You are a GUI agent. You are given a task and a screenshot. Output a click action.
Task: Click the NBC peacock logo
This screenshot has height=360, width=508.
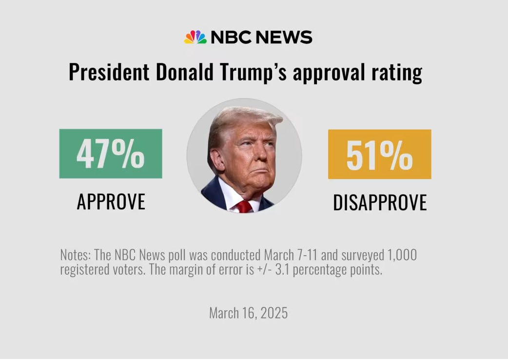pyautogui.click(x=195, y=37)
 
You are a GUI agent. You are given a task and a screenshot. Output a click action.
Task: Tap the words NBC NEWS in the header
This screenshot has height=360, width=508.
pyautogui.click(x=261, y=37)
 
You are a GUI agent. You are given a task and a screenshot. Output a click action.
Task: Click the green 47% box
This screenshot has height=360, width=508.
pyautogui.click(x=111, y=154)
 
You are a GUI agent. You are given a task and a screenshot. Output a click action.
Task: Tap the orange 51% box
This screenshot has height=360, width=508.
pyautogui.click(x=380, y=154)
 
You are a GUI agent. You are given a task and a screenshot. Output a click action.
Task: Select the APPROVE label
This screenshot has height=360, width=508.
pyautogui.click(x=111, y=201)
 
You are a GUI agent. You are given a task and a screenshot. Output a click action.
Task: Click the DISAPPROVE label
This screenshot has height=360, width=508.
pyautogui.click(x=380, y=202)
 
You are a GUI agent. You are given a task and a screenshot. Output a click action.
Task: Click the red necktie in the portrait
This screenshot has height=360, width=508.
pyautogui.click(x=245, y=206)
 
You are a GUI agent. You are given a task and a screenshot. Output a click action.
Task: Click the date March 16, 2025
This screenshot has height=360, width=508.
pyautogui.click(x=249, y=313)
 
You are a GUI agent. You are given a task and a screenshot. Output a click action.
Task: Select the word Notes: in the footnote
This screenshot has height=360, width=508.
pyautogui.click(x=76, y=255)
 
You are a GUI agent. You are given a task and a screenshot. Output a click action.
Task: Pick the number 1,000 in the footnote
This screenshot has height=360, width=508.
pyautogui.click(x=402, y=255)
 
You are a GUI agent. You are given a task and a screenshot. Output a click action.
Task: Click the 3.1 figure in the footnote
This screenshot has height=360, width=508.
pyautogui.click(x=282, y=270)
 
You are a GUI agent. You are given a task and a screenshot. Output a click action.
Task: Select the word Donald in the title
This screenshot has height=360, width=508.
pyautogui.click(x=185, y=72)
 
